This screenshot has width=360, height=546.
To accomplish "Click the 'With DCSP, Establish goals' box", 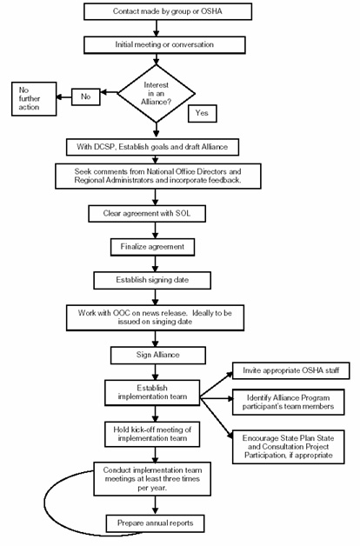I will pos(154,144).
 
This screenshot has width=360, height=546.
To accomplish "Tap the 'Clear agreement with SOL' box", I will pos(154,214).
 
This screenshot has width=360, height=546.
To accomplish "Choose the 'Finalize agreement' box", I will pos(154,247).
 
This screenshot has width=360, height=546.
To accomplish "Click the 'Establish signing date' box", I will pos(154,280).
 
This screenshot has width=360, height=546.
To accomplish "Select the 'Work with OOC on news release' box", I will pos(154,316).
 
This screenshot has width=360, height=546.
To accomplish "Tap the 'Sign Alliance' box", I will pos(154,355).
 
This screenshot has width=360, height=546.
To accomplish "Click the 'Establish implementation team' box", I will pos(152,391).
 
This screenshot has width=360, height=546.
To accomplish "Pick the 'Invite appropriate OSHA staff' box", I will pos(290,371).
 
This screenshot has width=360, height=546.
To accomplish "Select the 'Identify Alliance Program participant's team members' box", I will pos(290,403).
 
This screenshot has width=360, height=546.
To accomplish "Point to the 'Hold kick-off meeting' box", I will pos(152,435).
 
